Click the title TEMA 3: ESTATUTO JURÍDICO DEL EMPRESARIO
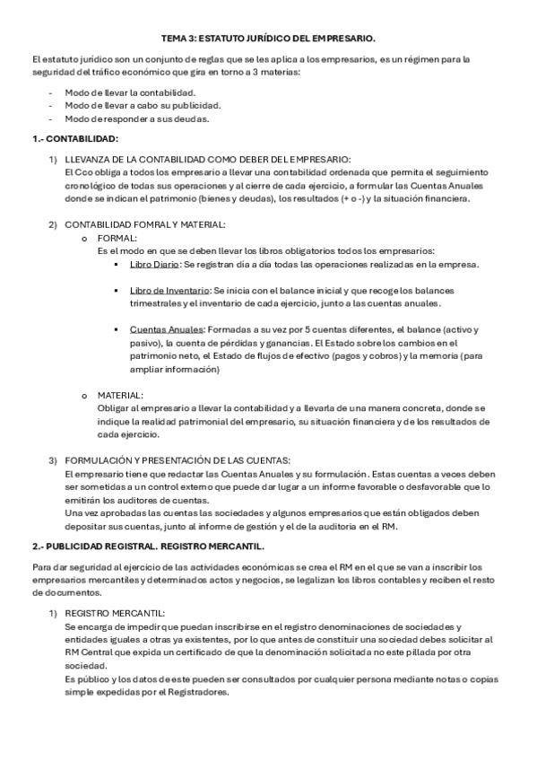coord(268,39)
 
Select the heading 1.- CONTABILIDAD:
coord(74,139)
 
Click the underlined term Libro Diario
coord(154,265)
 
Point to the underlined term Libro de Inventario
coord(169,291)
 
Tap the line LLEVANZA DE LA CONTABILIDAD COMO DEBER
coord(208,158)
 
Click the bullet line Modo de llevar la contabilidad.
coord(130,92)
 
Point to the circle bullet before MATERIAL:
coord(84,394)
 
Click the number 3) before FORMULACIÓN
coord(53,460)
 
